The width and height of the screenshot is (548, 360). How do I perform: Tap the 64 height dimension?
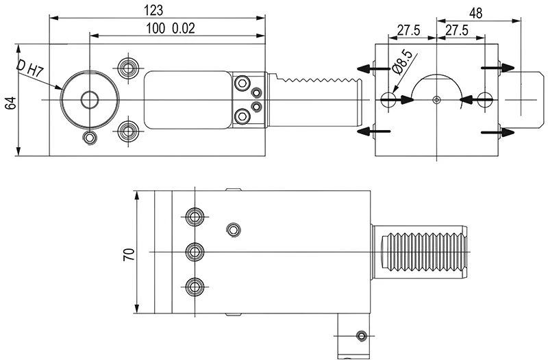pyautogui.click(x=10, y=103)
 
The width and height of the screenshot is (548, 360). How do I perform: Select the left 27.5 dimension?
pyautogui.click(x=408, y=31)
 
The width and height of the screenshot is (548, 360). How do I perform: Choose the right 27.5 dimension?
pyautogui.click(x=456, y=31)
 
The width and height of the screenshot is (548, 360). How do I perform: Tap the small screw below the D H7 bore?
pyautogui.click(x=88, y=138)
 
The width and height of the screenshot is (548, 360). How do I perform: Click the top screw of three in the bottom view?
pyautogui.click(x=196, y=218)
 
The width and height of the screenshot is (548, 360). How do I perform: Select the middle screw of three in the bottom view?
pyautogui.click(x=196, y=251)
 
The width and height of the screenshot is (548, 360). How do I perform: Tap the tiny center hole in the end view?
pyautogui.click(x=437, y=100)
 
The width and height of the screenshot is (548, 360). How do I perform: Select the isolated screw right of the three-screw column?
pyautogui.click(x=234, y=229)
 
